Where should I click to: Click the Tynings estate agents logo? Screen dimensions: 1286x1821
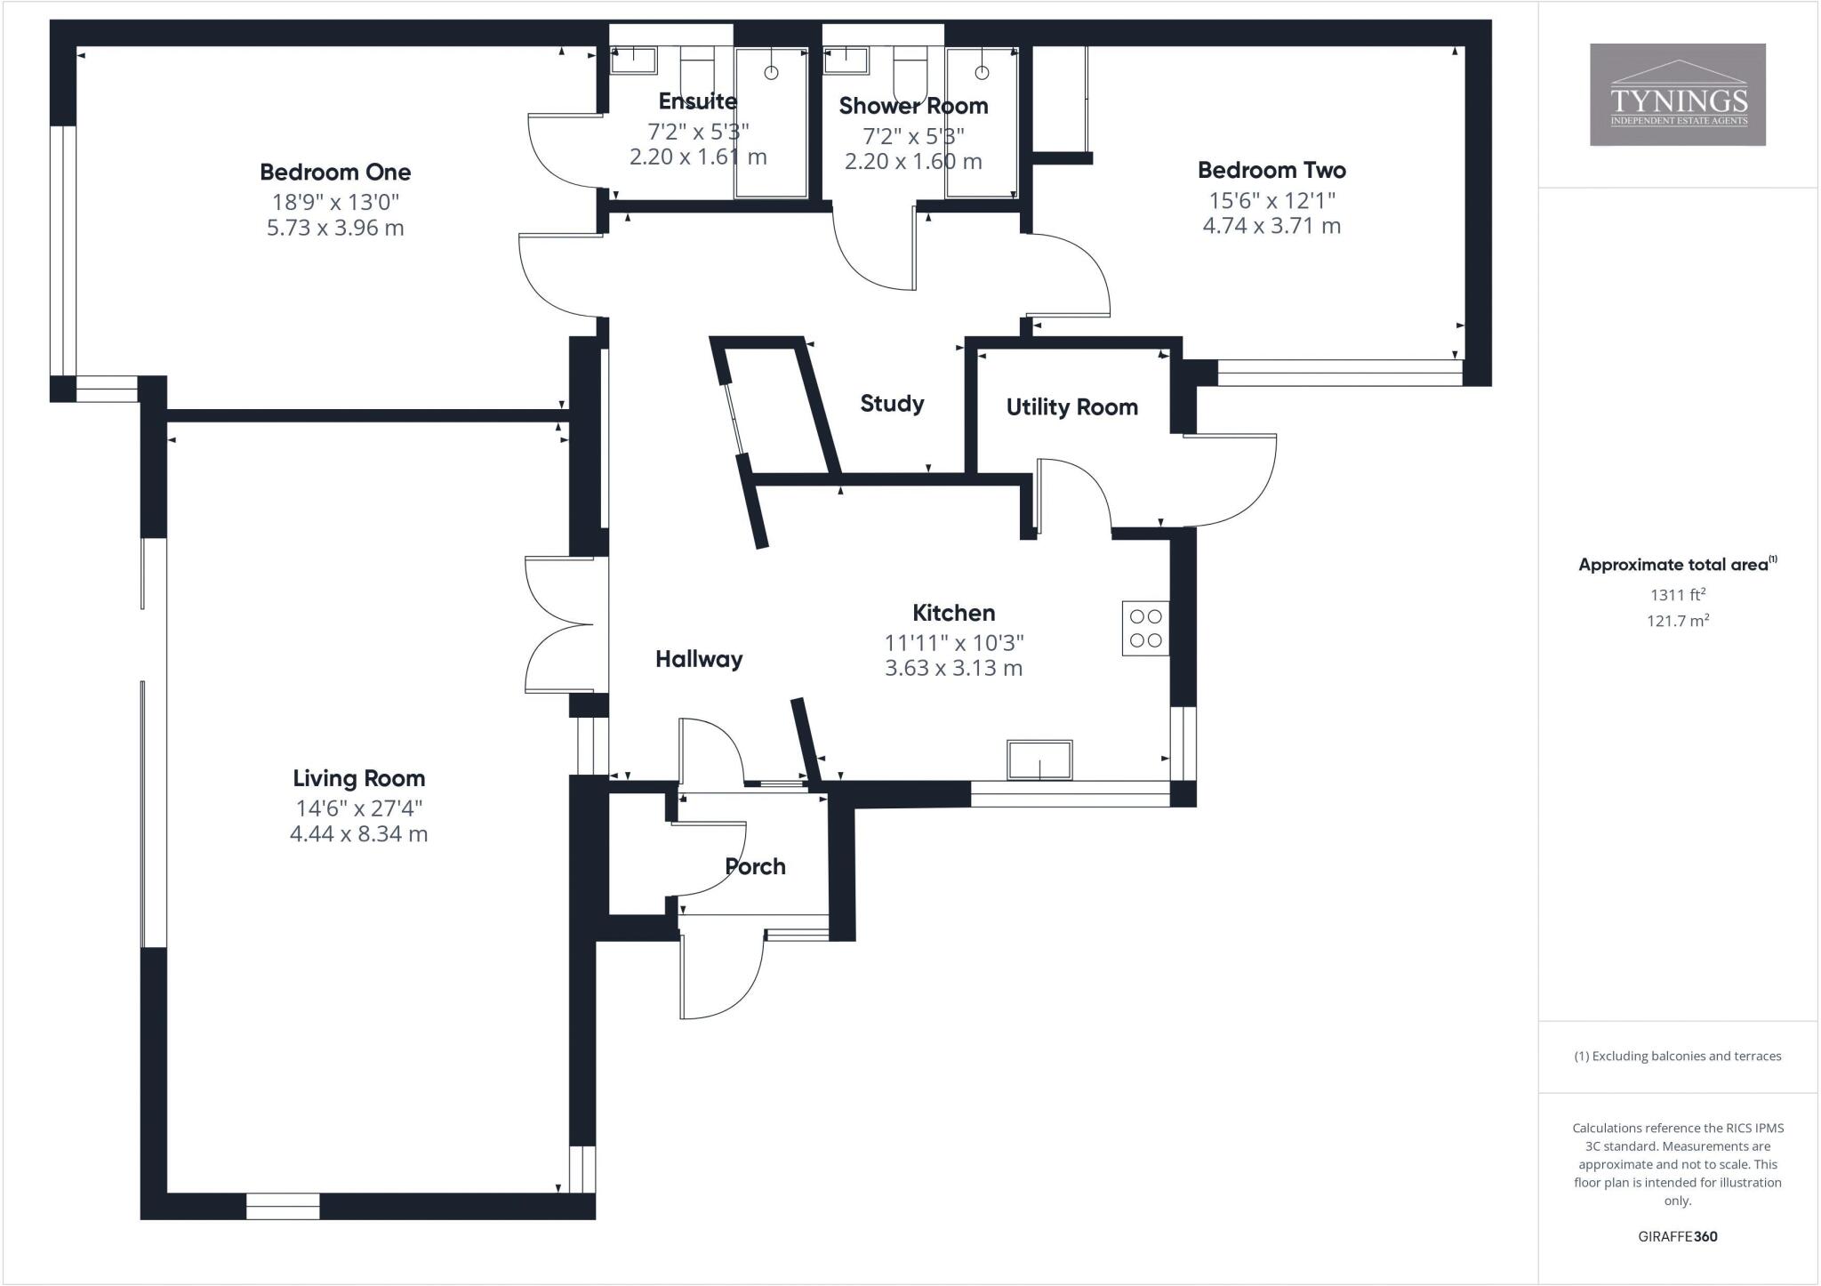tap(1677, 94)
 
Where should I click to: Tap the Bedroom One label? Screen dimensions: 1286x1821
tap(335, 172)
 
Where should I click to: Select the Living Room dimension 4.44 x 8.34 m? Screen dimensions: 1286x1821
tap(358, 834)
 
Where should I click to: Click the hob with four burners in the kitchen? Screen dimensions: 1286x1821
tap(1145, 629)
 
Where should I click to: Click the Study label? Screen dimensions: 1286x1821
tap(892, 404)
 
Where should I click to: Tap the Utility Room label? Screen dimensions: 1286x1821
tap(1071, 407)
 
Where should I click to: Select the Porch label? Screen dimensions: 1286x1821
tap(755, 866)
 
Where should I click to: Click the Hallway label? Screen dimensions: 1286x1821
tap(699, 659)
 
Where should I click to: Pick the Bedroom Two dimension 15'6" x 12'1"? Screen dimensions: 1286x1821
tap(1271, 200)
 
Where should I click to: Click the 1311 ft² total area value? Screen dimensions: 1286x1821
tap(1677, 595)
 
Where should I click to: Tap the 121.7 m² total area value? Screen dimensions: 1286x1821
tap(1677, 621)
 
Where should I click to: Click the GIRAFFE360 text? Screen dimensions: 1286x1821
tap(1677, 1236)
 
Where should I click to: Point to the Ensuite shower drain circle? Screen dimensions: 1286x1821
tap(771, 72)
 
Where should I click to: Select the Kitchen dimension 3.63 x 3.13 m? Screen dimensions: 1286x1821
tap(953, 668)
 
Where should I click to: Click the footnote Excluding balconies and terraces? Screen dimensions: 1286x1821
tap(1677, 1057)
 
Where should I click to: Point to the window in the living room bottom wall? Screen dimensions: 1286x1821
tap(283, 1206)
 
